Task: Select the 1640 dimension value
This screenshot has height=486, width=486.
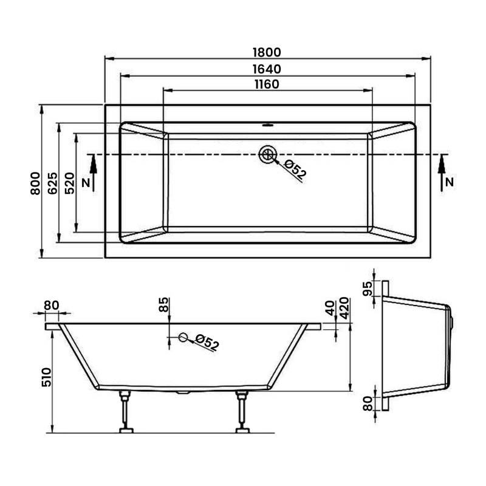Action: (267, 69)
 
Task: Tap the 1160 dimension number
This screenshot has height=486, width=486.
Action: (267, 84)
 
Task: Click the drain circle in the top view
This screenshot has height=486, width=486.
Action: (266, 154)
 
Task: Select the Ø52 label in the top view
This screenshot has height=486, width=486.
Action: (295, 169)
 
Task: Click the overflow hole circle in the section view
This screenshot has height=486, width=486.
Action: (182, 338)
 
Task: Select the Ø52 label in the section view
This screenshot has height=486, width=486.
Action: (207, 343)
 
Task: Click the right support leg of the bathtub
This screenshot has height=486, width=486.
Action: (242, 413)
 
